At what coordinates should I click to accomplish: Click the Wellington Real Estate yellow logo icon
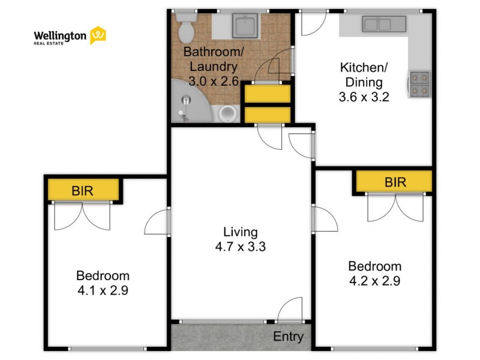[x=98, y=35]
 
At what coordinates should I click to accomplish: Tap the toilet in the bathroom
[x=186, y=28]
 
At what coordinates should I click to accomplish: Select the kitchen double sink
[x=384, y=24]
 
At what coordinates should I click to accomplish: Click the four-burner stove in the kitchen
[x=419, y=84]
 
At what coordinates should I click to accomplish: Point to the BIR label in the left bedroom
[x=82, y=191]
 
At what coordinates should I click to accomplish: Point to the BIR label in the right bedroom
[x=395, y=182]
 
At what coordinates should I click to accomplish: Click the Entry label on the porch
[x=289, y=337]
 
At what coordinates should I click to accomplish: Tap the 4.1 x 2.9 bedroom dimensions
[x=103, y=290]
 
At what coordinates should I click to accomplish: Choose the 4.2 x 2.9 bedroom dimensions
[x=374, y=281]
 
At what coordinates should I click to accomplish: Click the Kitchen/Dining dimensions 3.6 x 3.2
[x=364, y=97]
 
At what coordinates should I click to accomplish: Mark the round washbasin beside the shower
[x=228, y=114]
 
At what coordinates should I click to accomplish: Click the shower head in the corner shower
[x=186, y=100]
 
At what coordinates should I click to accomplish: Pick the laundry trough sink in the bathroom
[x=245, y=25]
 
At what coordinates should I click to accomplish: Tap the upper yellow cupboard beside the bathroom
[x=268, y=94]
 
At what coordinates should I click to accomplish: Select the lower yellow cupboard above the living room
[x=268, y=115]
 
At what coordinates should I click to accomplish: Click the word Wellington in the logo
[x=60, y=36]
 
